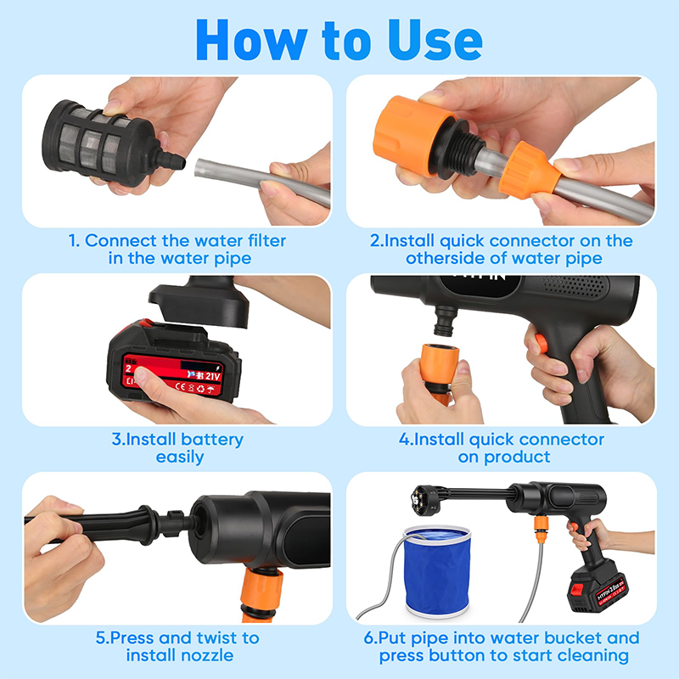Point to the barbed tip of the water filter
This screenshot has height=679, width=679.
click(x=174, y=160)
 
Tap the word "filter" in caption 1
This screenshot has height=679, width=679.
click(x=262, y=240)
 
